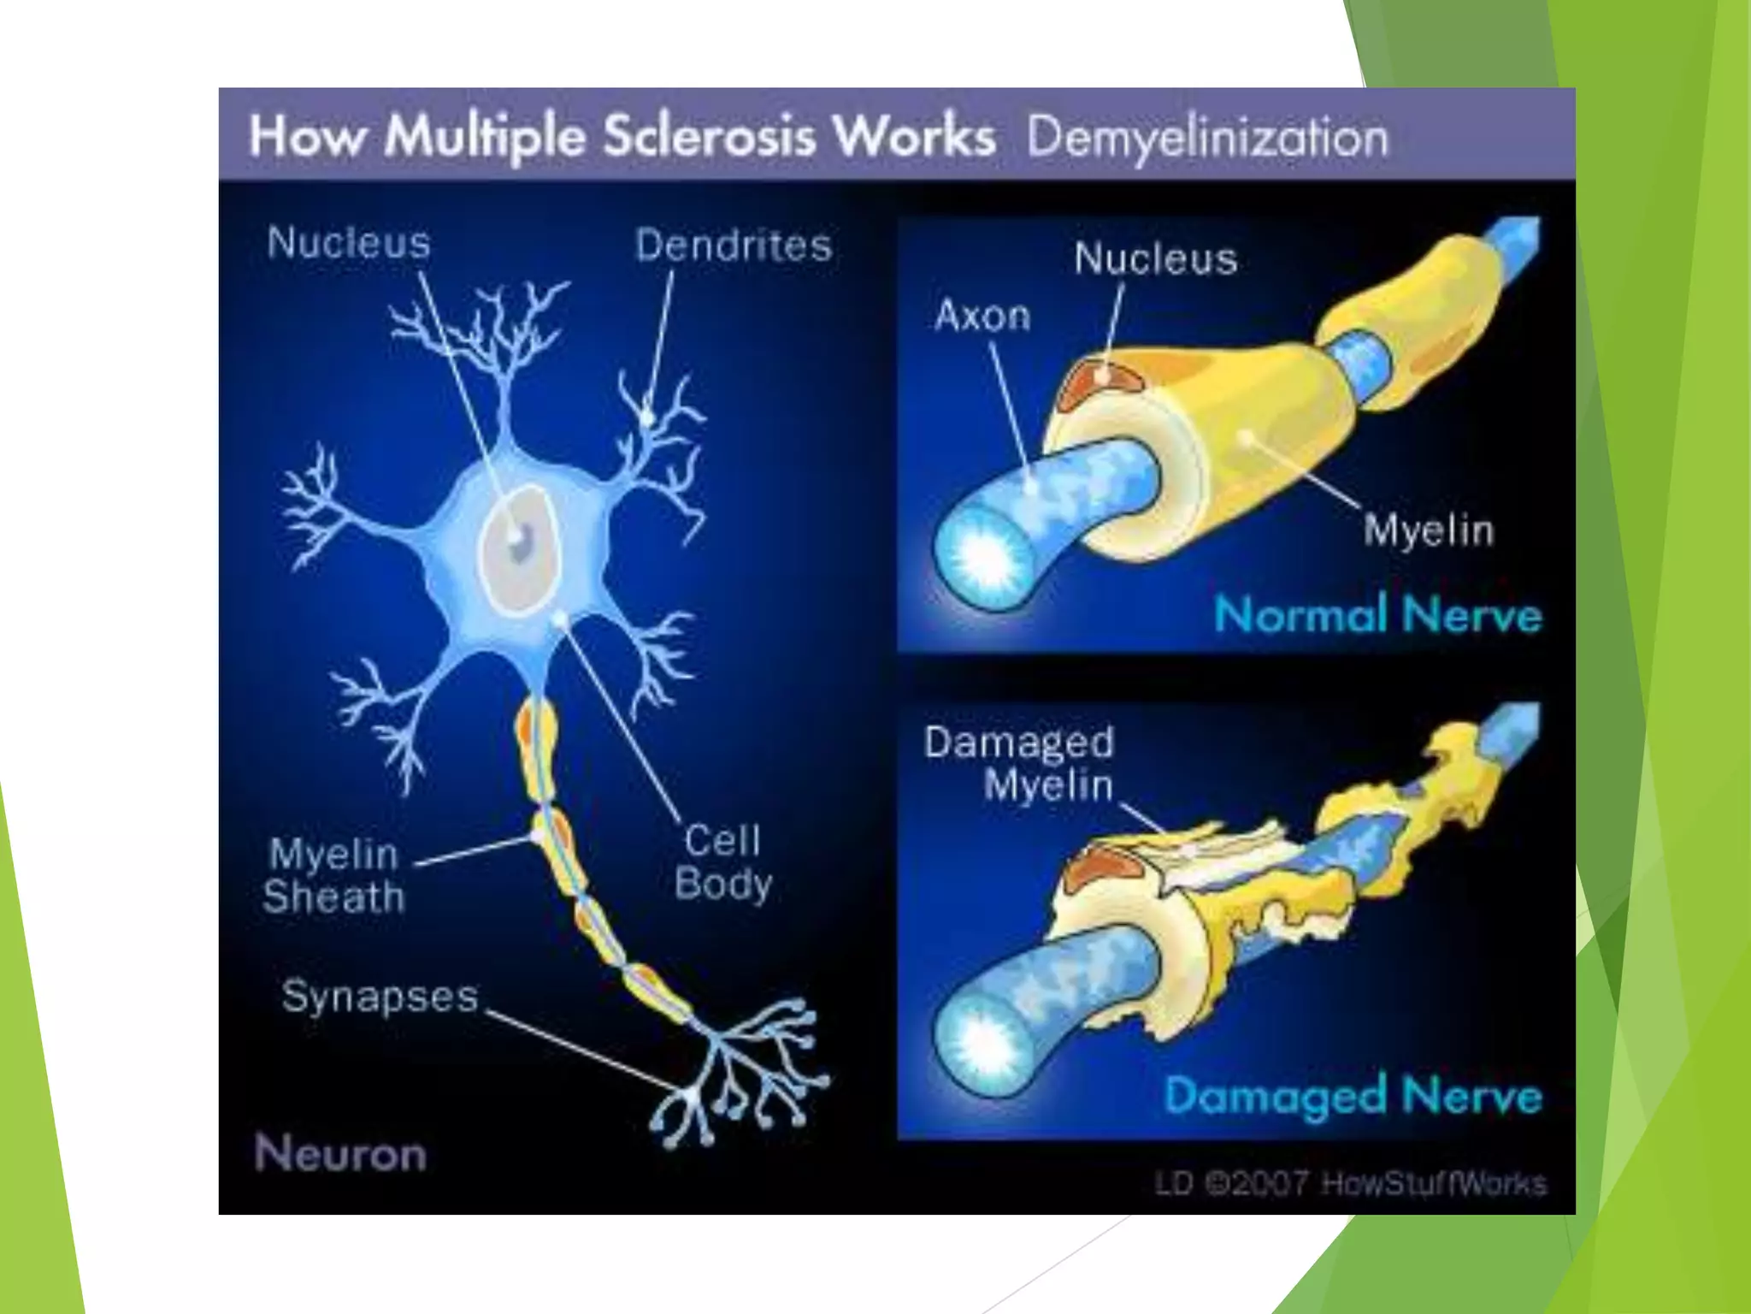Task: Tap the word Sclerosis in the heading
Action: point(710,137)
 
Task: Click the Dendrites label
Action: point(734,246)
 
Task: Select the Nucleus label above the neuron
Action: point(349,242)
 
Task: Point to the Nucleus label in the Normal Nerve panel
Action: point(1155,258)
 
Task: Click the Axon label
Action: point(982,316)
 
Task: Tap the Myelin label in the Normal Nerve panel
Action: point(1429,530)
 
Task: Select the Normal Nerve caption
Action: point(1377,615)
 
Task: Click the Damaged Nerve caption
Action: point(1353,1096)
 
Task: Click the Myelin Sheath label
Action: point(333,875)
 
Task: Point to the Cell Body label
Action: point(723,861)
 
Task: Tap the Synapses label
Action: point(380,997)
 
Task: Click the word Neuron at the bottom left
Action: point(340,1153)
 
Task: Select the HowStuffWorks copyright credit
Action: point(1350,1184)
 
